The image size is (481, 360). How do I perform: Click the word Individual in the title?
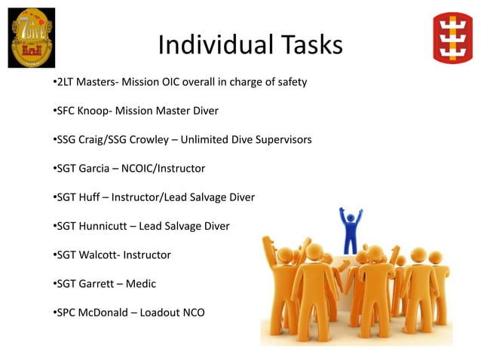point(205,45)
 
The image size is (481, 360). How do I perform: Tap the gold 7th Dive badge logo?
point(31,37)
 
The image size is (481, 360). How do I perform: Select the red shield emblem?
point(452,37)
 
